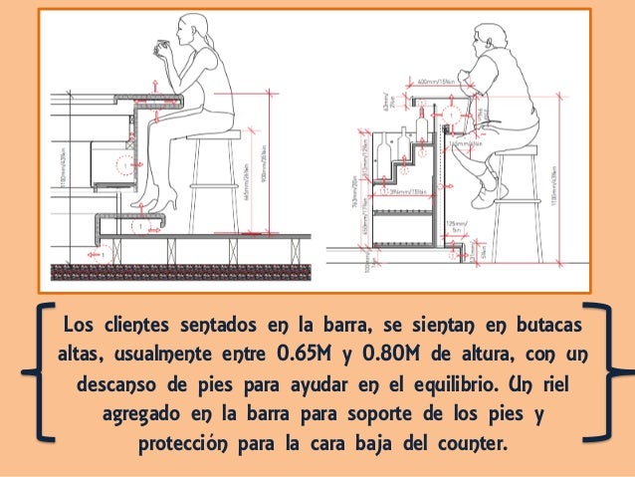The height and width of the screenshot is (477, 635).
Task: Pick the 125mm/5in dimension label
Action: pyautogui.click(x=457, y=225)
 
